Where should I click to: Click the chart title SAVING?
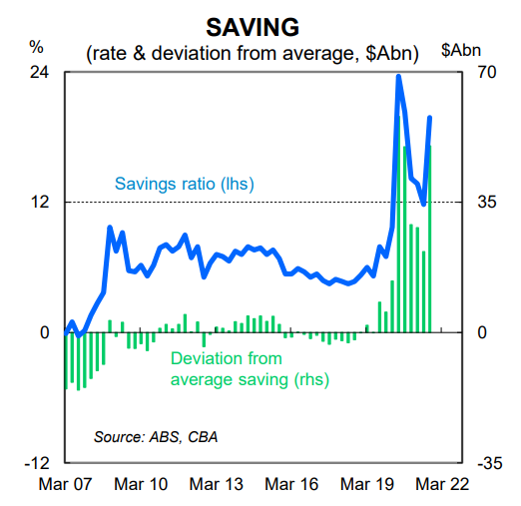253,27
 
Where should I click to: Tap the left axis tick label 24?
39,72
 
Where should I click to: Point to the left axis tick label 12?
40,202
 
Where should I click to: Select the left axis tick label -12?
37,463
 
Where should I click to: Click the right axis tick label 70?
487,72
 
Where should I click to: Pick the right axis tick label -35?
490,463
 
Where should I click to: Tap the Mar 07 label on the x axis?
65,484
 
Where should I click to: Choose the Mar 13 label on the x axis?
217,484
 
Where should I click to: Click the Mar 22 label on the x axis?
442,484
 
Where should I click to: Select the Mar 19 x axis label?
367,484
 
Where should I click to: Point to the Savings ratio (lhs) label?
185,184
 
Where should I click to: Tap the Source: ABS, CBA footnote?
156,437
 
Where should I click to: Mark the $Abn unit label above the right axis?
461,50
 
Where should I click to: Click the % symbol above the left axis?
36,47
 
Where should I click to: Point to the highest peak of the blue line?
398,77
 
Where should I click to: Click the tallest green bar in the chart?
398,224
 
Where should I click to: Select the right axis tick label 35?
487,202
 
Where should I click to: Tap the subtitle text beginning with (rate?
253,53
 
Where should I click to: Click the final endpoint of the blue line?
430,118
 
